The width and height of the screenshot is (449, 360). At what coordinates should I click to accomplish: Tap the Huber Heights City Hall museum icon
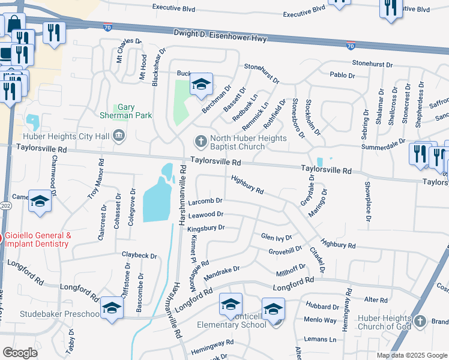point(118,136)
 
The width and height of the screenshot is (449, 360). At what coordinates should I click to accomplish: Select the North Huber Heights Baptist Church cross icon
point(200,142)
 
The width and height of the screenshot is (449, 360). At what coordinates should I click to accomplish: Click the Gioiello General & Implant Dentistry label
point(38,240)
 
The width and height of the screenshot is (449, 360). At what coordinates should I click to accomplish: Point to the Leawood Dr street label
point(205,214)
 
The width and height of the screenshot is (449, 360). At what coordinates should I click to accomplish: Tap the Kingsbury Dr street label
point(206,228)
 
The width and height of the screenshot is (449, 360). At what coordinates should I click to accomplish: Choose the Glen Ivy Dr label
point(276,238)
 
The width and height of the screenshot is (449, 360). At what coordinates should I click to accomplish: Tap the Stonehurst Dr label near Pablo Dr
point(372,63)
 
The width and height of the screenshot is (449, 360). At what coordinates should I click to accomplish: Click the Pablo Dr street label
point(343,75)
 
